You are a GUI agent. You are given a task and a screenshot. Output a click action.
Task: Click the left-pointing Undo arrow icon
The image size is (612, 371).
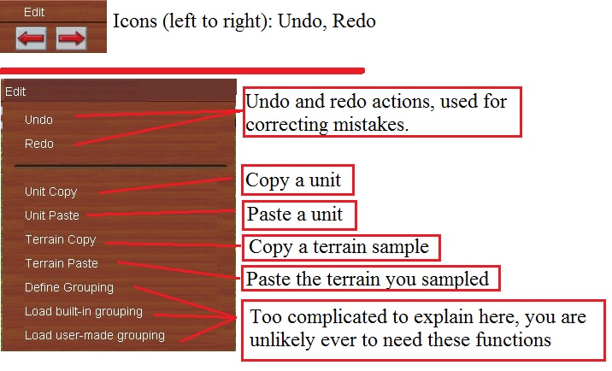31,38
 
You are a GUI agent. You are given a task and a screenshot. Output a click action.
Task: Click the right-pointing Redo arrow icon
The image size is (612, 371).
72,38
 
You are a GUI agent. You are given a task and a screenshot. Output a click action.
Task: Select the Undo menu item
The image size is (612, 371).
39,120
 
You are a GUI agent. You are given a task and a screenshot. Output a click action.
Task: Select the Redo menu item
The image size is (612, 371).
39,144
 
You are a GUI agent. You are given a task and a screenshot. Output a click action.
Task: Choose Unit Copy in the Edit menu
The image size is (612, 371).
50,191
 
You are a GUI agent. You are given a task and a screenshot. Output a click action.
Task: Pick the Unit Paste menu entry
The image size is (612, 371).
51,215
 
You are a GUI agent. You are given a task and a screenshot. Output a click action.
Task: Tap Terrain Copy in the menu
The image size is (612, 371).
60,239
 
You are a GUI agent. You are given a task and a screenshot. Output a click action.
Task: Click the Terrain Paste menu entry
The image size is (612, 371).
62,263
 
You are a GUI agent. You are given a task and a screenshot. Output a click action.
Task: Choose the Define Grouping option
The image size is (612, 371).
68,287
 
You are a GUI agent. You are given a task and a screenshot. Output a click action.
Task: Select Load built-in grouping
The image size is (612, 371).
83,311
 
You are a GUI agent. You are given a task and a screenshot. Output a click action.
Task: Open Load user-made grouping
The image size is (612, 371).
94,335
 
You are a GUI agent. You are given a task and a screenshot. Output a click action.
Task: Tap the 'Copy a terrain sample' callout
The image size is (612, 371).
341,247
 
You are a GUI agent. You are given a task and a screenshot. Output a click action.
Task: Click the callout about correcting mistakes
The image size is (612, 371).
382,112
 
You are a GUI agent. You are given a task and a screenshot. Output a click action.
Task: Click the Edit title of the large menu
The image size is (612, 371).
15,91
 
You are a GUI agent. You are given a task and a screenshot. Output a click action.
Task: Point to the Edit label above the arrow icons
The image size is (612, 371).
34,13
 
